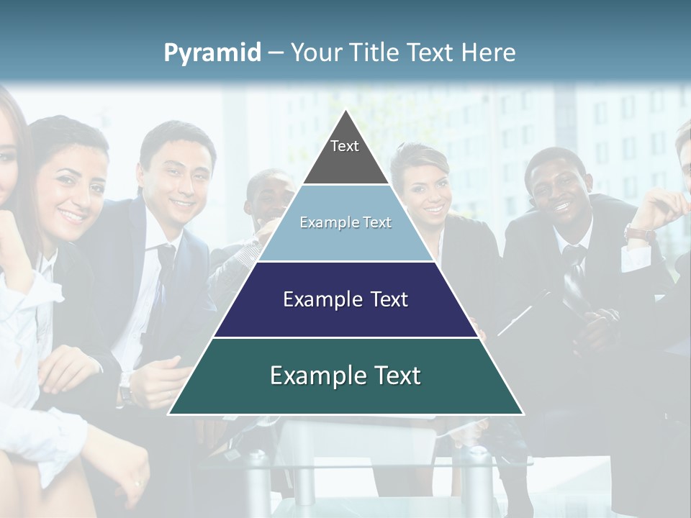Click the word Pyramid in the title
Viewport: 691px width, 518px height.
tap(212, 53)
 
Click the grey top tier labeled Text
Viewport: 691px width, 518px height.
tap(345, 155)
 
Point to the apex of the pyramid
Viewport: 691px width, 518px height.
tap(345, 112)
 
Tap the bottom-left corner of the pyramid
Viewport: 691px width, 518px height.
tap(170, 413)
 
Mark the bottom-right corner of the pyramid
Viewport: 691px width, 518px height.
tap(522, 413)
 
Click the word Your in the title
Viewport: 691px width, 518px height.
tap(315, 53)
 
